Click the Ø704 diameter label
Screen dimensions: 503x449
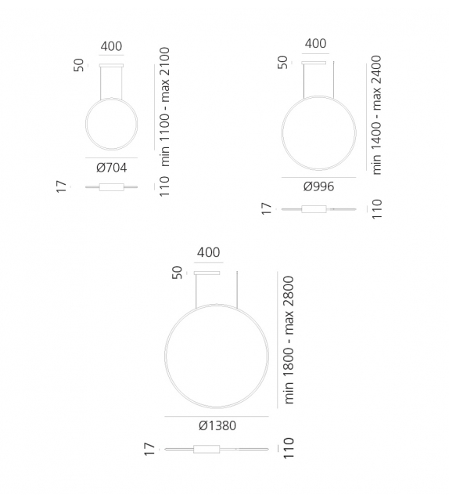(x=111, y=167)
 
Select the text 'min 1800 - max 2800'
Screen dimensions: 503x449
(x=289, y=339)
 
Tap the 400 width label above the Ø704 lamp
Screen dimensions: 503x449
(x=111, y=47)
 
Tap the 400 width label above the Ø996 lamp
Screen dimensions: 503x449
(x=315, y=44)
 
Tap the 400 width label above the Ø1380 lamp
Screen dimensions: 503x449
(x=208, y=252)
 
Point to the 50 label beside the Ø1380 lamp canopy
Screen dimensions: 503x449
(x=177, y=272)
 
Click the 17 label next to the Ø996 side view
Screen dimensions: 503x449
(x=266, y=208)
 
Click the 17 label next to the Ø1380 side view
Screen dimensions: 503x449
(x=148, y=449)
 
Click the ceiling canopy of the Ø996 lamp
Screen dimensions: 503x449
(x=314, y=62)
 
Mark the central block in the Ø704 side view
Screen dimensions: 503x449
(x=111, y=186)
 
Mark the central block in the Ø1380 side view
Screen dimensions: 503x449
(x=208, y=449)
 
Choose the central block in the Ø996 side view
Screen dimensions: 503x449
(x=315, y=209)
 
